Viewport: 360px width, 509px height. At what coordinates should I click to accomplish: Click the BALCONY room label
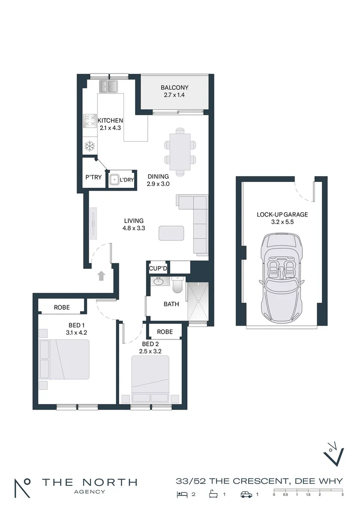(174, 88)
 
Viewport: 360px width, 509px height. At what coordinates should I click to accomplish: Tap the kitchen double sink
(109, 86)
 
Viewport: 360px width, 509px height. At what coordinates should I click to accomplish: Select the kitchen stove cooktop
(90, 121)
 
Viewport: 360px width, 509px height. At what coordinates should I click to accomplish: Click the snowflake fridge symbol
(89, 146)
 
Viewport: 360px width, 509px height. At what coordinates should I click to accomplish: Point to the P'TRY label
(93, 177)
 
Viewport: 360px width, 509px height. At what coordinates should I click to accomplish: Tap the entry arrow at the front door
(101, 276)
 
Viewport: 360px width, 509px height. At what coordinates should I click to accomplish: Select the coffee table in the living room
(171, 233)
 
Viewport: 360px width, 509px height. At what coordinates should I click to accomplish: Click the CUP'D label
(157, 268)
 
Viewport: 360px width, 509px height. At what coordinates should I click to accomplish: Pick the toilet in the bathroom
(177, 286)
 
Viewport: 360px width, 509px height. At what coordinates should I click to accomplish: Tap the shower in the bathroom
(198, 302)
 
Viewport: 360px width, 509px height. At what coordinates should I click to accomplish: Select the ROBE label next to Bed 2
(164, 331)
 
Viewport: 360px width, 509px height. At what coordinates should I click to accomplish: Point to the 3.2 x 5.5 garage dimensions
(282, 223)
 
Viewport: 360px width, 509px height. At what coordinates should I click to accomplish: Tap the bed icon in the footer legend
(182, 494)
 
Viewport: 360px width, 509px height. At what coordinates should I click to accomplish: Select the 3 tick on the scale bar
(342, 494)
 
